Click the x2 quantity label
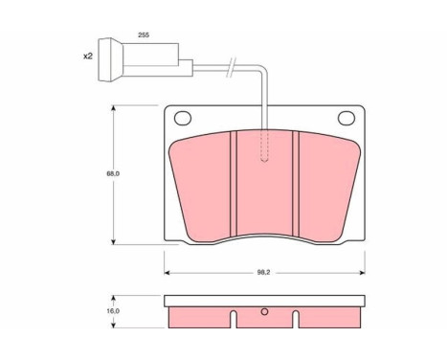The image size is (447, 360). click(x=87, y=56)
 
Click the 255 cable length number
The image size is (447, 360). click(x=144, y=34)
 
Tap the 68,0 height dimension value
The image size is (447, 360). click(x=112, y=173)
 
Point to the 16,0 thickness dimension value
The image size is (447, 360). click(x=112, y=311)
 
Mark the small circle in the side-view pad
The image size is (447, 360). click(x=265, y=310)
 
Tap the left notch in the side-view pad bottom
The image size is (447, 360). click(x=233, y=315)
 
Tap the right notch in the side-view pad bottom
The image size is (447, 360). click(x=295, y=315)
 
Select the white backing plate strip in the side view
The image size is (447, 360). click(x=264, y=300)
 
